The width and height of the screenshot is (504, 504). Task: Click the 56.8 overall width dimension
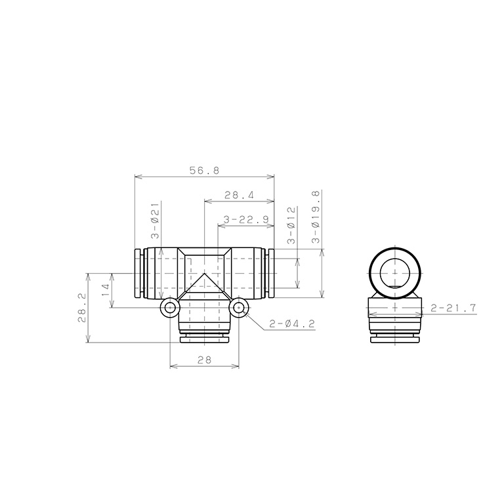pos(205,171)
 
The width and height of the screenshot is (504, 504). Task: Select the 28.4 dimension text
pos(239,195)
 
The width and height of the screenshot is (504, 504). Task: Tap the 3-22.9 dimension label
pos(246,220)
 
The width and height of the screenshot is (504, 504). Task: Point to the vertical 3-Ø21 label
pos(156,220)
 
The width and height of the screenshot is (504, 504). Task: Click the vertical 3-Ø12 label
pos(291,225)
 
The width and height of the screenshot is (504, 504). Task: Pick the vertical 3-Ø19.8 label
pos(316,217)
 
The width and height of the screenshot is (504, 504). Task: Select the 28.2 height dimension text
pos(82,307)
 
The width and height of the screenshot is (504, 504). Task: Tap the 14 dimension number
pos(106,290)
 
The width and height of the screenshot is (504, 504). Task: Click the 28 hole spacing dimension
pos(205,360)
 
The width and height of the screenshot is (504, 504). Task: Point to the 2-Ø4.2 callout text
pos(292,324)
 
